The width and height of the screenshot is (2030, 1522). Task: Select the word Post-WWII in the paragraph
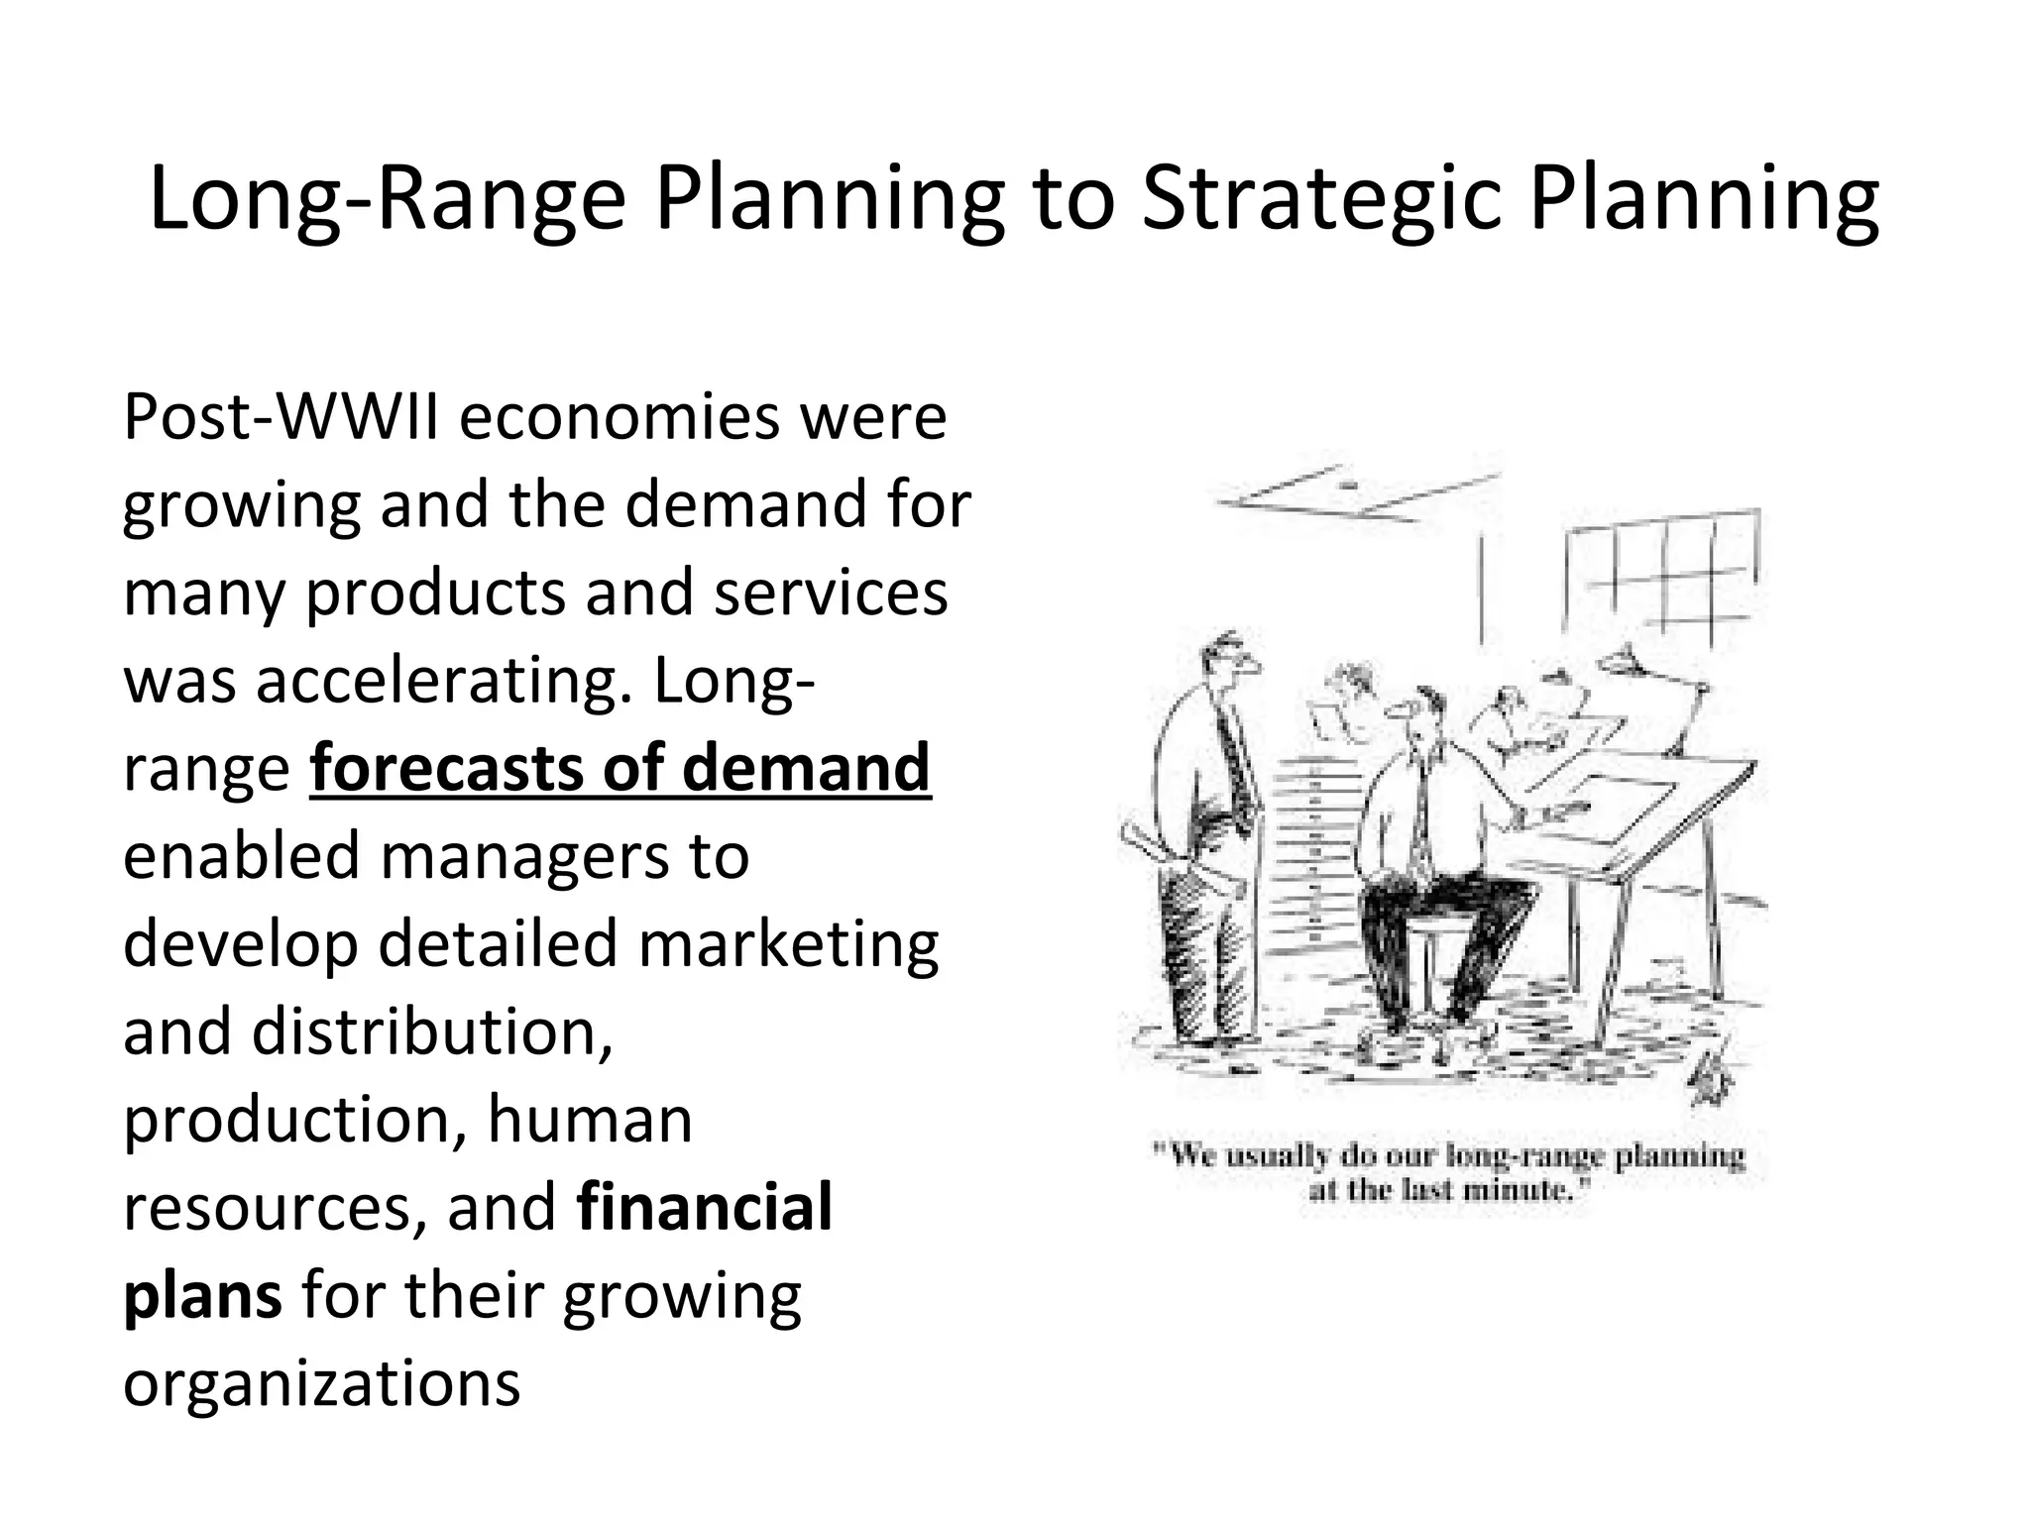[x=281, y=418]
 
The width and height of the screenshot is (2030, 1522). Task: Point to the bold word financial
[x=704, y=1208]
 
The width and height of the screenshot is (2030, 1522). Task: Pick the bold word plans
[x=202, y=1296]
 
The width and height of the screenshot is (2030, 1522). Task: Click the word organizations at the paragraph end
[x=321, y=1383]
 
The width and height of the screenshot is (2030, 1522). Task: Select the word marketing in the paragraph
[x=788, y=945]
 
